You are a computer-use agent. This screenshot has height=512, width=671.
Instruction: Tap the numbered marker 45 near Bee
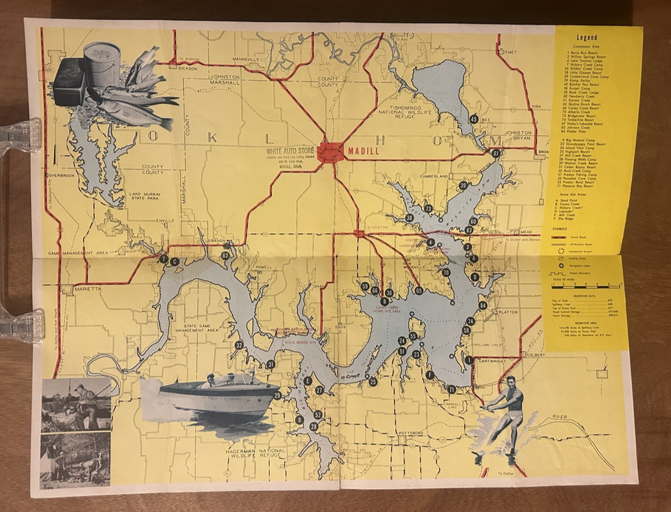pyautogui.click(x=474, y=119)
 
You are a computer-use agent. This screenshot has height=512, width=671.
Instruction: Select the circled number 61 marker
pyautogui.click(x=496, y=153)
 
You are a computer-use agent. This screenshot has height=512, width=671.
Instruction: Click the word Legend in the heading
pyautogui.click(x=587, y=37)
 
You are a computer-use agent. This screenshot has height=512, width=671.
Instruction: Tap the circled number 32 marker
pyautogui.click(x=239, y=344)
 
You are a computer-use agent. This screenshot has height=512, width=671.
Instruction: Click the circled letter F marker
pyautogui.click(x=430, y=374)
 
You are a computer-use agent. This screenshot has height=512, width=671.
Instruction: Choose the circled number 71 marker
pyautogui.click(x=452, y=390)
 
